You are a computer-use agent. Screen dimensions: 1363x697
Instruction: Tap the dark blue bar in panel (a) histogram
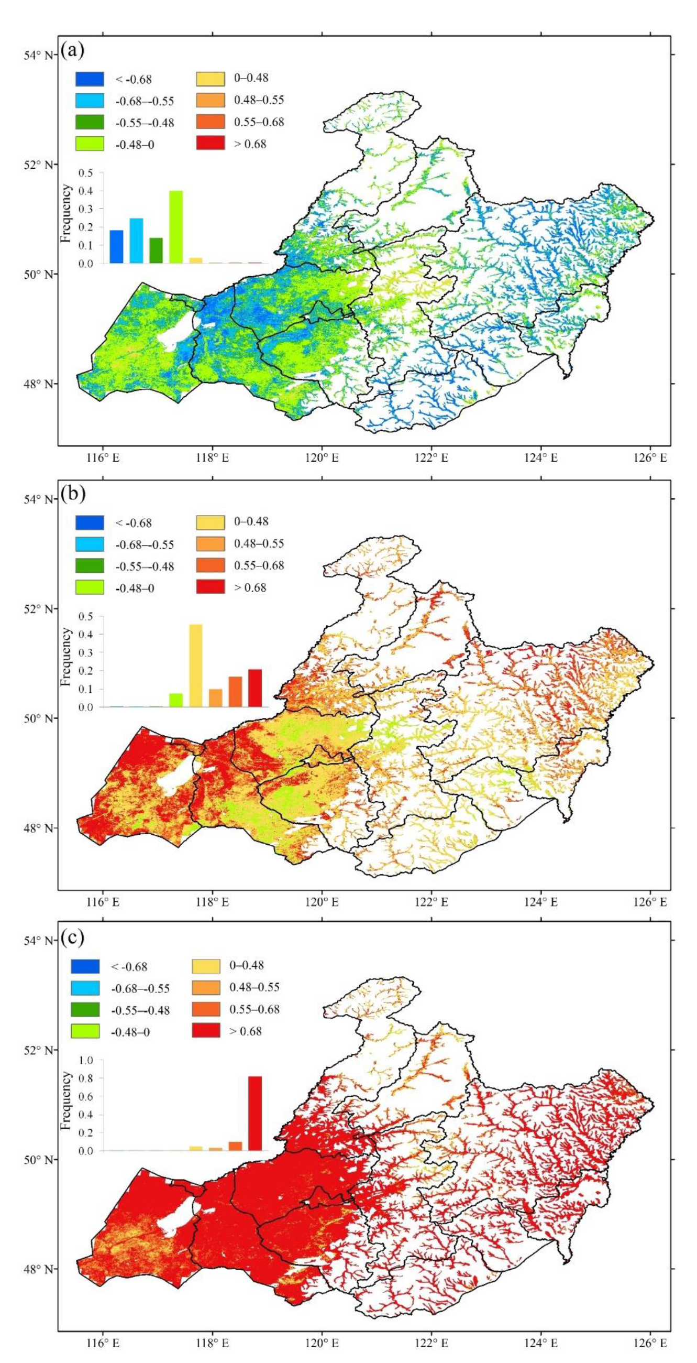(116, 247)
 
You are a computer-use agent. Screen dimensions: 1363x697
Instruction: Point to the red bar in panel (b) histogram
(255, 688)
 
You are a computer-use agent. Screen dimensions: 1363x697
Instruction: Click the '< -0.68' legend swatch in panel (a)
(90, 79)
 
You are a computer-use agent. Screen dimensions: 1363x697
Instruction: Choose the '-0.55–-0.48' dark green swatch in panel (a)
(90, 123)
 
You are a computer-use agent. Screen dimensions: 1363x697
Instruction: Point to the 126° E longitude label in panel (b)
(651, 902)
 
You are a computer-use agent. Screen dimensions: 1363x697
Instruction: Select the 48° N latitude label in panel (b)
(40, 827)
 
